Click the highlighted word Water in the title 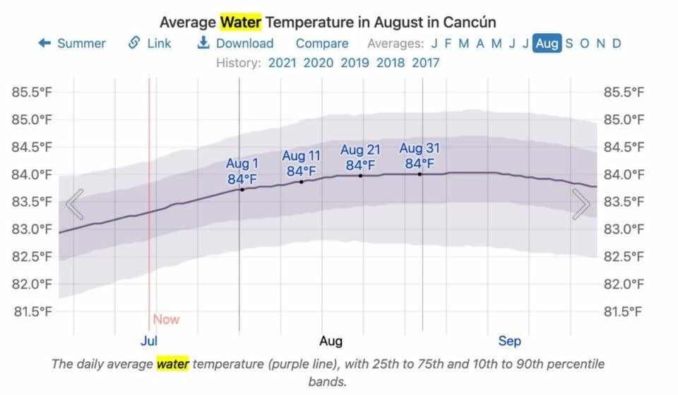[x=240, y=23]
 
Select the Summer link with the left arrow [x=71, y=44]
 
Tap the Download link [x=235, y=44]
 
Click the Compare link [x=322, y=44]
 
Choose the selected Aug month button [x=547, y=44]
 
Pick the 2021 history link [x=282, y=63]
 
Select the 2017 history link [x=425, y=63]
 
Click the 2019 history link [x=355, y=63]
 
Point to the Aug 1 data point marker [x=242, y=189]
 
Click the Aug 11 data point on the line [x=302, y=182]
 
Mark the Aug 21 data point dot [x=361, y=176]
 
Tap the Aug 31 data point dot [x=420, y=174]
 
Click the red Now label [x=166, y=320]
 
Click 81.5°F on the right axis [x=624, y=312]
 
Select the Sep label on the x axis [x=509, y=341]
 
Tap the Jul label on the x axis [x=148, y=341]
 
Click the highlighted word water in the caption [x=172, y=365]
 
